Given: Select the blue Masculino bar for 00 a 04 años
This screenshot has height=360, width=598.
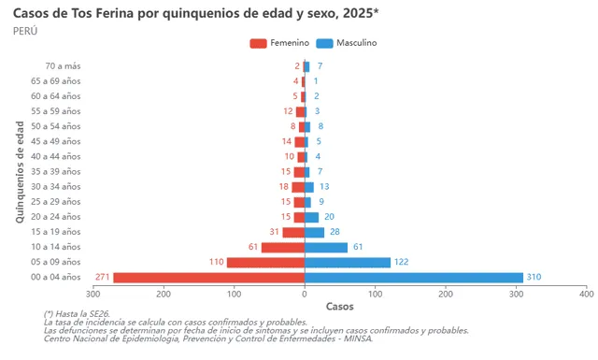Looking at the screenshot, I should pos(414,277).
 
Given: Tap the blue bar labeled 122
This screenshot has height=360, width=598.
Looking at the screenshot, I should pos(348,262).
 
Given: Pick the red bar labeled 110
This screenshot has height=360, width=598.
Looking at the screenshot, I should pos(266,262).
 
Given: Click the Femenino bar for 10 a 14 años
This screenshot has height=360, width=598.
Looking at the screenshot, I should pos(283,247).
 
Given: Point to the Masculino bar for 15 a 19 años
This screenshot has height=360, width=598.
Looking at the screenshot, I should pos(315,232).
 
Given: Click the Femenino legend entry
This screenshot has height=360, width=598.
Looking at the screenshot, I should pos(279,43).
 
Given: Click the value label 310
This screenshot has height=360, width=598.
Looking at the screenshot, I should pos(534,277).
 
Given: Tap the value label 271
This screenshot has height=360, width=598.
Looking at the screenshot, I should pos(103,277).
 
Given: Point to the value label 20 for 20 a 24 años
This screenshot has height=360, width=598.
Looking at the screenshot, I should pos(329,217).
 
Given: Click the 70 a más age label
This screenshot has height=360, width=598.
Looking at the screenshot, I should pos(63,66).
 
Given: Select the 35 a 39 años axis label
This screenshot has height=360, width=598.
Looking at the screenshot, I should pos(55,172).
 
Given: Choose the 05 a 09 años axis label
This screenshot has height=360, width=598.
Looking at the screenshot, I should pos(55,262).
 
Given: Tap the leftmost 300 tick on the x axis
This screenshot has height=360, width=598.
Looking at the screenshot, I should pos(93,294).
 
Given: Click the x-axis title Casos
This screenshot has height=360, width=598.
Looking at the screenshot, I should pos(339,306).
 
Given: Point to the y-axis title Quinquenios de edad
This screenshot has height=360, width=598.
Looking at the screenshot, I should pos(20,171).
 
